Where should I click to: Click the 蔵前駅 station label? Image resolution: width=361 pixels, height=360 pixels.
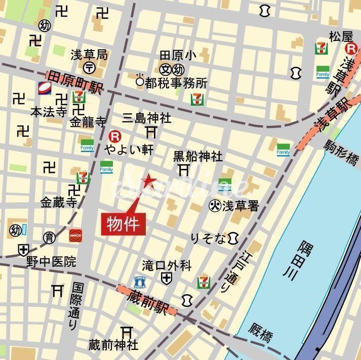tap(147, 300)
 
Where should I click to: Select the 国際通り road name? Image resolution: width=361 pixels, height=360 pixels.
tap(75, 306)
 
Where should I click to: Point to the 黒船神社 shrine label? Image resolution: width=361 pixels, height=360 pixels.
tap(197, 156)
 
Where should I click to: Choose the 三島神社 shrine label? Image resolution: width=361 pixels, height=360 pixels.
tap(147, 119)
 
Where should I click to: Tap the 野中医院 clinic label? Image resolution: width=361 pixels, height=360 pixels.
tap(52, 261)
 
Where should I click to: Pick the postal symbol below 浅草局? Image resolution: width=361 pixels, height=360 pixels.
tap(89, 67)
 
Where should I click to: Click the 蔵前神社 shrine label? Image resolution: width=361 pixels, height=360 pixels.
tap(113, 345)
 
